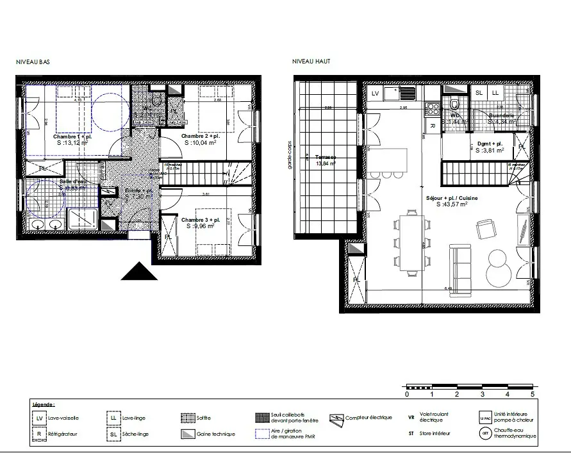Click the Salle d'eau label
[72, 182]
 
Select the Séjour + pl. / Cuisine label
[451, 199]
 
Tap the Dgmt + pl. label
[488, 144]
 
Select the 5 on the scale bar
[532, 395]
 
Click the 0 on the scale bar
[407, 395]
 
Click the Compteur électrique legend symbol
[337, 418]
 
